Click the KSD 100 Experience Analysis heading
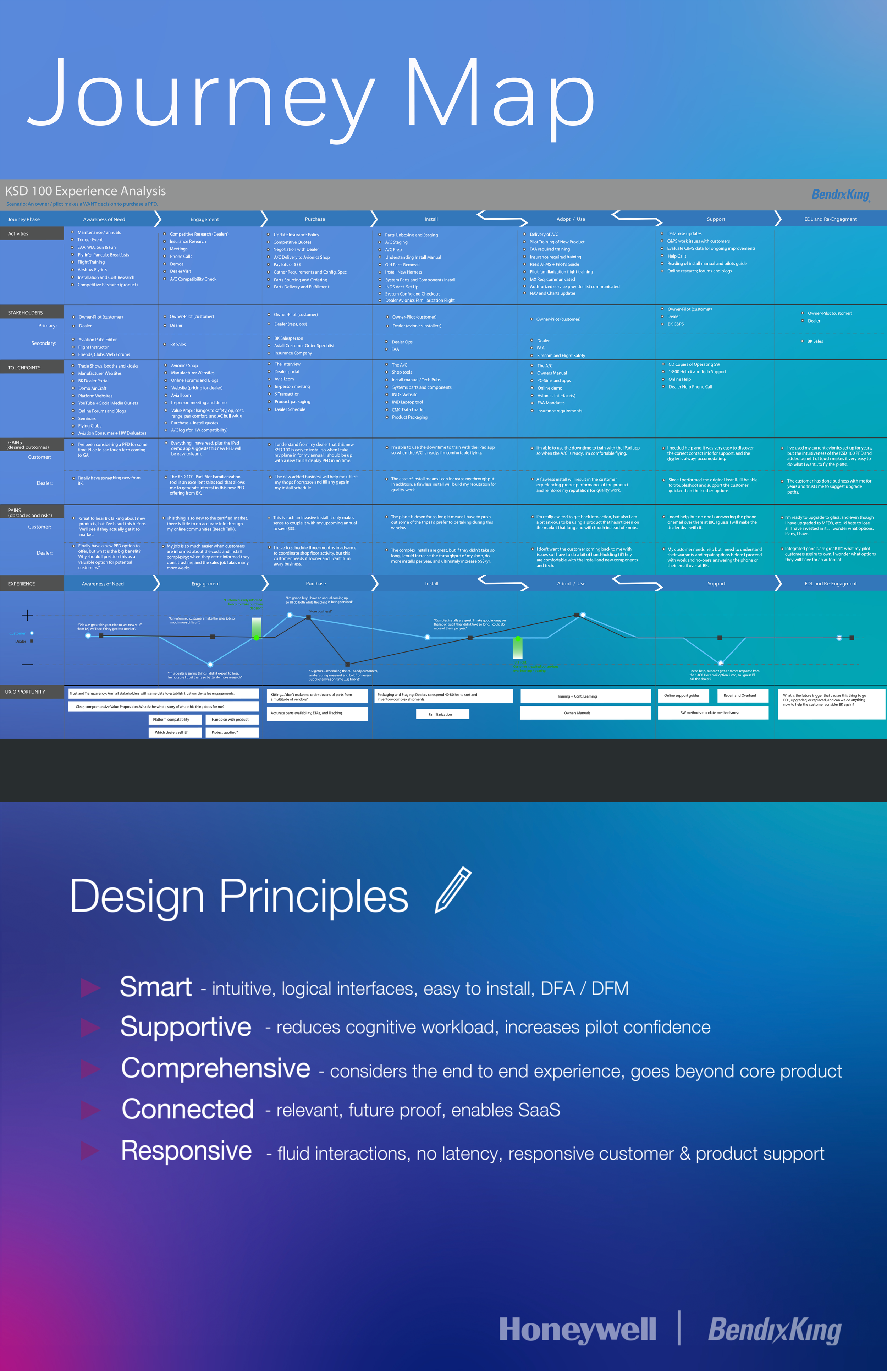tap(85, 191)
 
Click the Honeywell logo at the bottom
tap(577, 1330)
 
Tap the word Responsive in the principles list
tap(186, 1150)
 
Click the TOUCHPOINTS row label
tap(24, 368)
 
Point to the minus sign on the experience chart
tap(27, 664)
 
